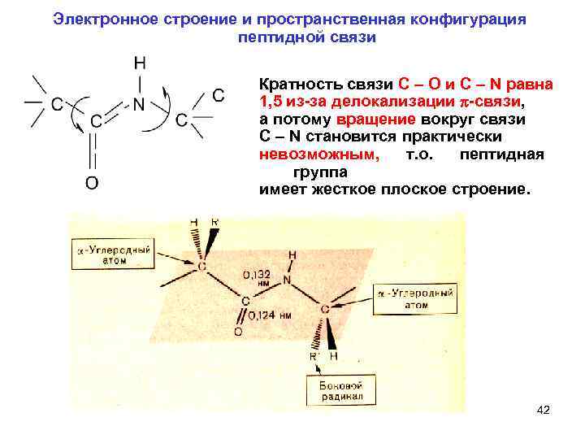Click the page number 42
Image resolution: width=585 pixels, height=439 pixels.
(x=544, y=410)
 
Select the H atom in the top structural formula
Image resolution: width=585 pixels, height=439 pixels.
(x=140, y=63)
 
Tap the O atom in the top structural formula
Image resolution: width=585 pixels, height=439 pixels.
(x=92, y=183)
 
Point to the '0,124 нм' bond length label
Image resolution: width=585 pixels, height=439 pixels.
(x=268, y=315)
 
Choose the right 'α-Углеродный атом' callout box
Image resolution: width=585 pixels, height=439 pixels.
(x=414, y=297)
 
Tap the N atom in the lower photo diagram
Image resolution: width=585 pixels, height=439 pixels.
(x=287, y=280)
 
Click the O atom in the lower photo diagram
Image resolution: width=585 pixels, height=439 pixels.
(x=237, y=333)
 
